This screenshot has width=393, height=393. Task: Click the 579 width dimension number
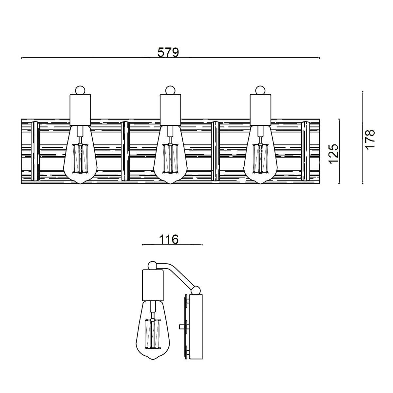coord(168,52)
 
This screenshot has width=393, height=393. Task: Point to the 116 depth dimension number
coord(169,239)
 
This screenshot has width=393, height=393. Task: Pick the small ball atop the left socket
coord(80,90)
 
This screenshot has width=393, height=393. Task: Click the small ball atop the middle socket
coord(170,90)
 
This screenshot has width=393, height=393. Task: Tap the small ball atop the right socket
coord(260,90)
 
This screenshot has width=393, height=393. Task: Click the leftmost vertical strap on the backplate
coord(35,151)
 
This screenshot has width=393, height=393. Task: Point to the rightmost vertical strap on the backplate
coord(306,151)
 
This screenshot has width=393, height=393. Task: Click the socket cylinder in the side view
coord(153,285)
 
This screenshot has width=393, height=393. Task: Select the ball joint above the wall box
coord(196,290)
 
